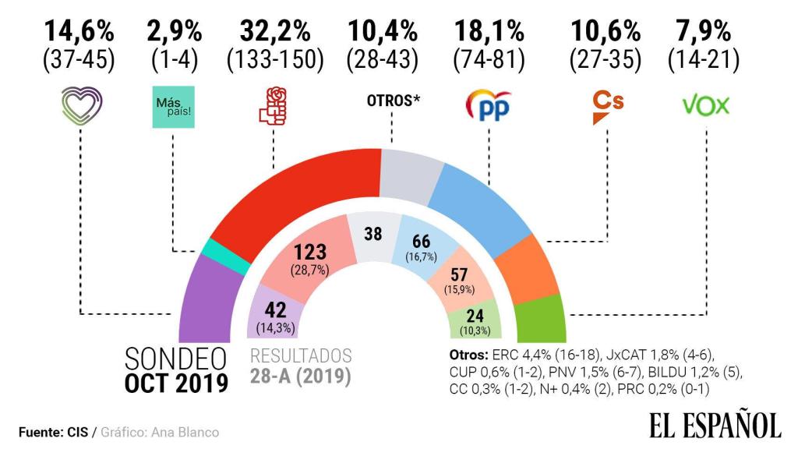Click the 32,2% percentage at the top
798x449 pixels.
pos(274,33)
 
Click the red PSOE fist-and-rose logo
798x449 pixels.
pos(274,107)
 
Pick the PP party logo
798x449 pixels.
pos(489,107)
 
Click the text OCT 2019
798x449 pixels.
pos(178,384)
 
